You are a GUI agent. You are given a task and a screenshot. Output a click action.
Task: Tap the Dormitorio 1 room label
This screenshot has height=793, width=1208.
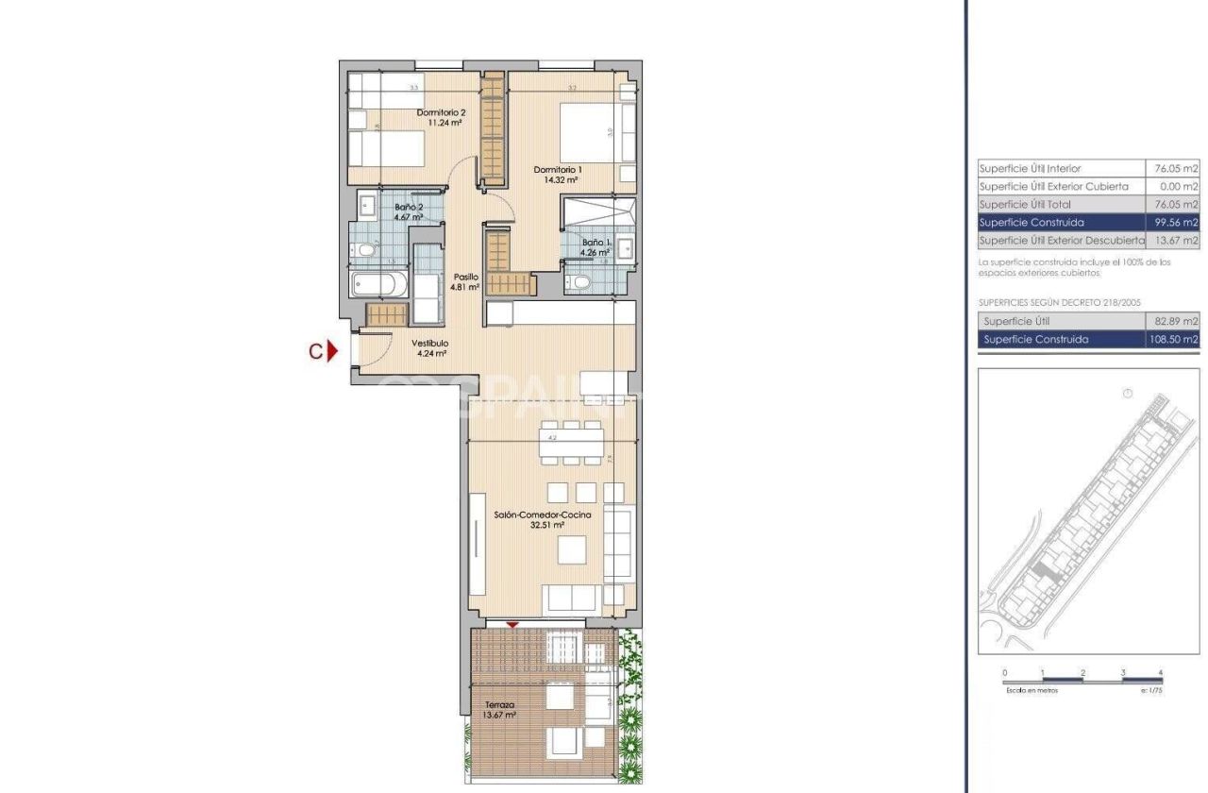click(555, 175)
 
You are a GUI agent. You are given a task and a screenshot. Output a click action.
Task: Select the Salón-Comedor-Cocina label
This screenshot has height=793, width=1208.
click(543, 519)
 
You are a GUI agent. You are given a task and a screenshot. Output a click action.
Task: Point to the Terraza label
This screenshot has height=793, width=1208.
click(499, 710)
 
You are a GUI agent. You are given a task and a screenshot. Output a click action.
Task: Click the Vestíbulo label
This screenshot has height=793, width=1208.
click(429, 348)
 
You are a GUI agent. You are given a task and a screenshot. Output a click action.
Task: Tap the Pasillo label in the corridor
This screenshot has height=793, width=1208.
click(465, 281)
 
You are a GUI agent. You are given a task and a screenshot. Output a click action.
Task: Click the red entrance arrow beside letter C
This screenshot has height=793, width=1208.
click(332, 351)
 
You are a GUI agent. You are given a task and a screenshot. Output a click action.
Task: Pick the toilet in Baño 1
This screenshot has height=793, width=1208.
click(582, 282)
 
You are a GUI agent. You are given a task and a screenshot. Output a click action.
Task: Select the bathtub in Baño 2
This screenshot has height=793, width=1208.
click(377, 284)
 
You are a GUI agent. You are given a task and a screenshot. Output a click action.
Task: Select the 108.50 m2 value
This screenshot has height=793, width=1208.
click(1173, 340)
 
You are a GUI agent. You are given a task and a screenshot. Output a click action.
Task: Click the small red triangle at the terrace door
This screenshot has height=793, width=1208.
click(512, 625)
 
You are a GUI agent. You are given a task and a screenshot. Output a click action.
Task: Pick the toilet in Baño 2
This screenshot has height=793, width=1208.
click(363, 249)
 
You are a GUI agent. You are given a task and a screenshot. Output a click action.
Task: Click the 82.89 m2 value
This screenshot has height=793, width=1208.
click(1176, 322)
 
